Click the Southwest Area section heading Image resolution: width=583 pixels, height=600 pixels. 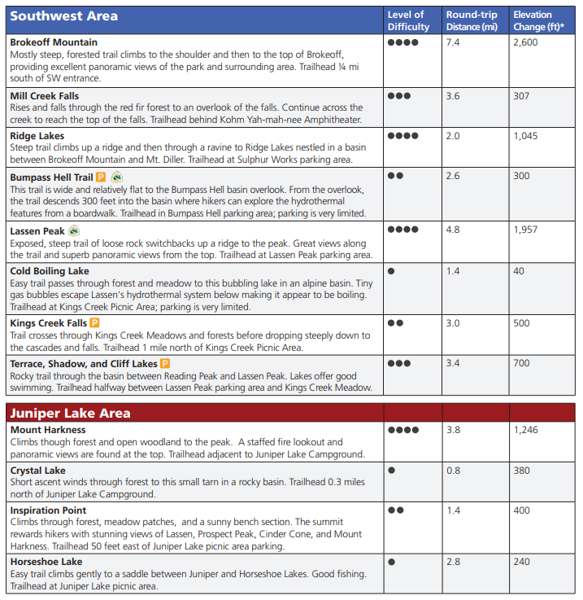(x=64, y=15)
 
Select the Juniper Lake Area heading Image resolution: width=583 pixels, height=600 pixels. (x=70, y=413)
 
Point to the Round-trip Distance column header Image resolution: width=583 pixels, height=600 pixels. (x=472, y=20)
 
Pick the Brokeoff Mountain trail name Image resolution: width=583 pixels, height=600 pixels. (x=54, y=42)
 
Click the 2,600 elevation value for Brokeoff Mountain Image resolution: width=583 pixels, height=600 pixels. (x=525, y=42)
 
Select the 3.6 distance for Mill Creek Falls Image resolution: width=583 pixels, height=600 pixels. (x=453, y=96)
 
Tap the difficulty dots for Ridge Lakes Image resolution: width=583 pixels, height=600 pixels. (x=403, y=136)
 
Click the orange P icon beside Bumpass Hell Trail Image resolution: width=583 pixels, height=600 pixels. (x=101, y=177)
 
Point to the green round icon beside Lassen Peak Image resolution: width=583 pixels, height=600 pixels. (x=75, y=230)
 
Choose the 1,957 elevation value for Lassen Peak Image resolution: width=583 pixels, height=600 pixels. (x=525, y=230)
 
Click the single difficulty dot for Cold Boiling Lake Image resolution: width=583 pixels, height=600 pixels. (x=392, y=271)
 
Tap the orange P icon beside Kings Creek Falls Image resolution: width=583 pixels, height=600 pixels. (x=94, y=323)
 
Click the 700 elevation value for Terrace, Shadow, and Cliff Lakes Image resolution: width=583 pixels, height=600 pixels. (x=521, y=363)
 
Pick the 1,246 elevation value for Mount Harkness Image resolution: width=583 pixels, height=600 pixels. (x=525, y=430)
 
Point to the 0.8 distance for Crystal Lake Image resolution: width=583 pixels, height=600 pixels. (x=453, y=470)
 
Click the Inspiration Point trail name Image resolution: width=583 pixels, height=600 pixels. (x=48, y=510)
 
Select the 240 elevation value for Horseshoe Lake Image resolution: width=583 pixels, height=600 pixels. (x=521, y=562)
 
